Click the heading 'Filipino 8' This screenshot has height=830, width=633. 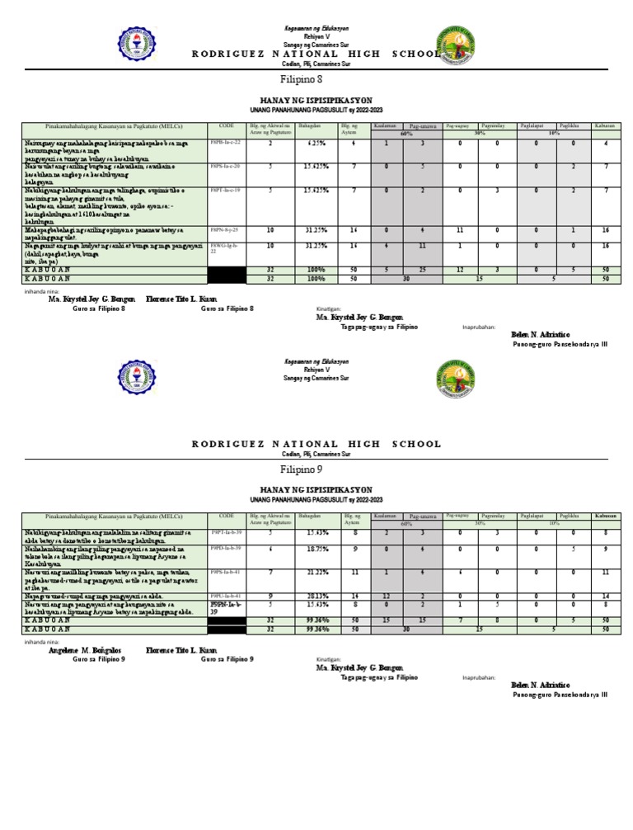click(316, 80)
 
